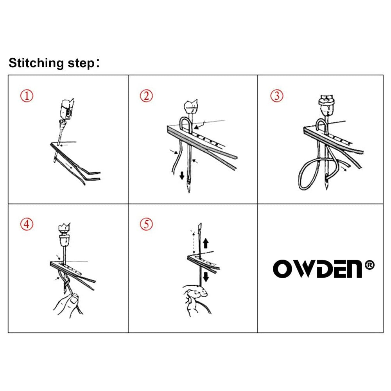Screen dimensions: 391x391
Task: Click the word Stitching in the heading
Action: click(36, 63)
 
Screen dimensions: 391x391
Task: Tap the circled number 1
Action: click(27, 96)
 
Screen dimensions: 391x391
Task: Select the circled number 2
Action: click(146, 96)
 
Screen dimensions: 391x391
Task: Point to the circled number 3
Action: click(277, 96)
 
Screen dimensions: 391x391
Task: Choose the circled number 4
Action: click(27, 224)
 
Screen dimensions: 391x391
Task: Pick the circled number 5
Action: click(146, 224)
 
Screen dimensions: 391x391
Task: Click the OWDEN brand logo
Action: click(317, 269)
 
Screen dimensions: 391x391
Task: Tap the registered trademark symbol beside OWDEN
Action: click(369, 265)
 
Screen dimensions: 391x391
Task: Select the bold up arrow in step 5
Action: click(206, 243)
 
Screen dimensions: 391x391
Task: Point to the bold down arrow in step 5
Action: click(206, 277)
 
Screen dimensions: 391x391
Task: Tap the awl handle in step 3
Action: click(327, 106)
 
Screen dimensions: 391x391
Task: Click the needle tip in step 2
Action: click(189, 190)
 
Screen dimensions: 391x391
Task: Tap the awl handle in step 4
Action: click(65, 234)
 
